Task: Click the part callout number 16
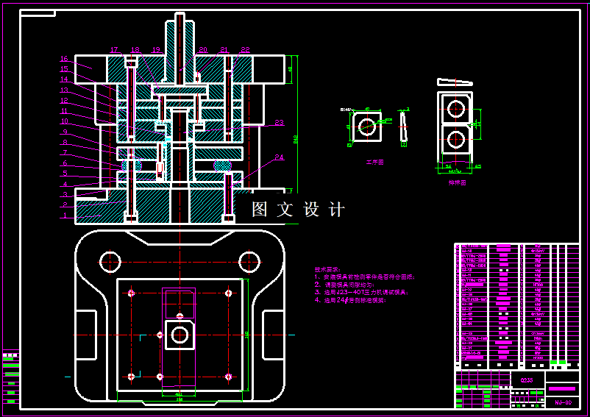tap(63, 59)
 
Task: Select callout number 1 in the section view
tap(64, 216)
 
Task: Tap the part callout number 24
tap(279, 157)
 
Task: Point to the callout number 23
tap(279, 123)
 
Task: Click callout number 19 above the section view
tap(156, 50)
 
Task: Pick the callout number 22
tap(245, 50)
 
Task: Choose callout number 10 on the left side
tap(64, 121)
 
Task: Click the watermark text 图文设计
tap(298, 210)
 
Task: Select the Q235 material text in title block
tap(527, 380)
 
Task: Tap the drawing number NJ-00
tap(563, 403)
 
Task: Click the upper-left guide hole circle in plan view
tap(110, 260)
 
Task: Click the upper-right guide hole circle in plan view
tap(249, 260)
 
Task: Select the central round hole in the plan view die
tap(180, 335)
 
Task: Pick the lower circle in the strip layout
tap(456, 139)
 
